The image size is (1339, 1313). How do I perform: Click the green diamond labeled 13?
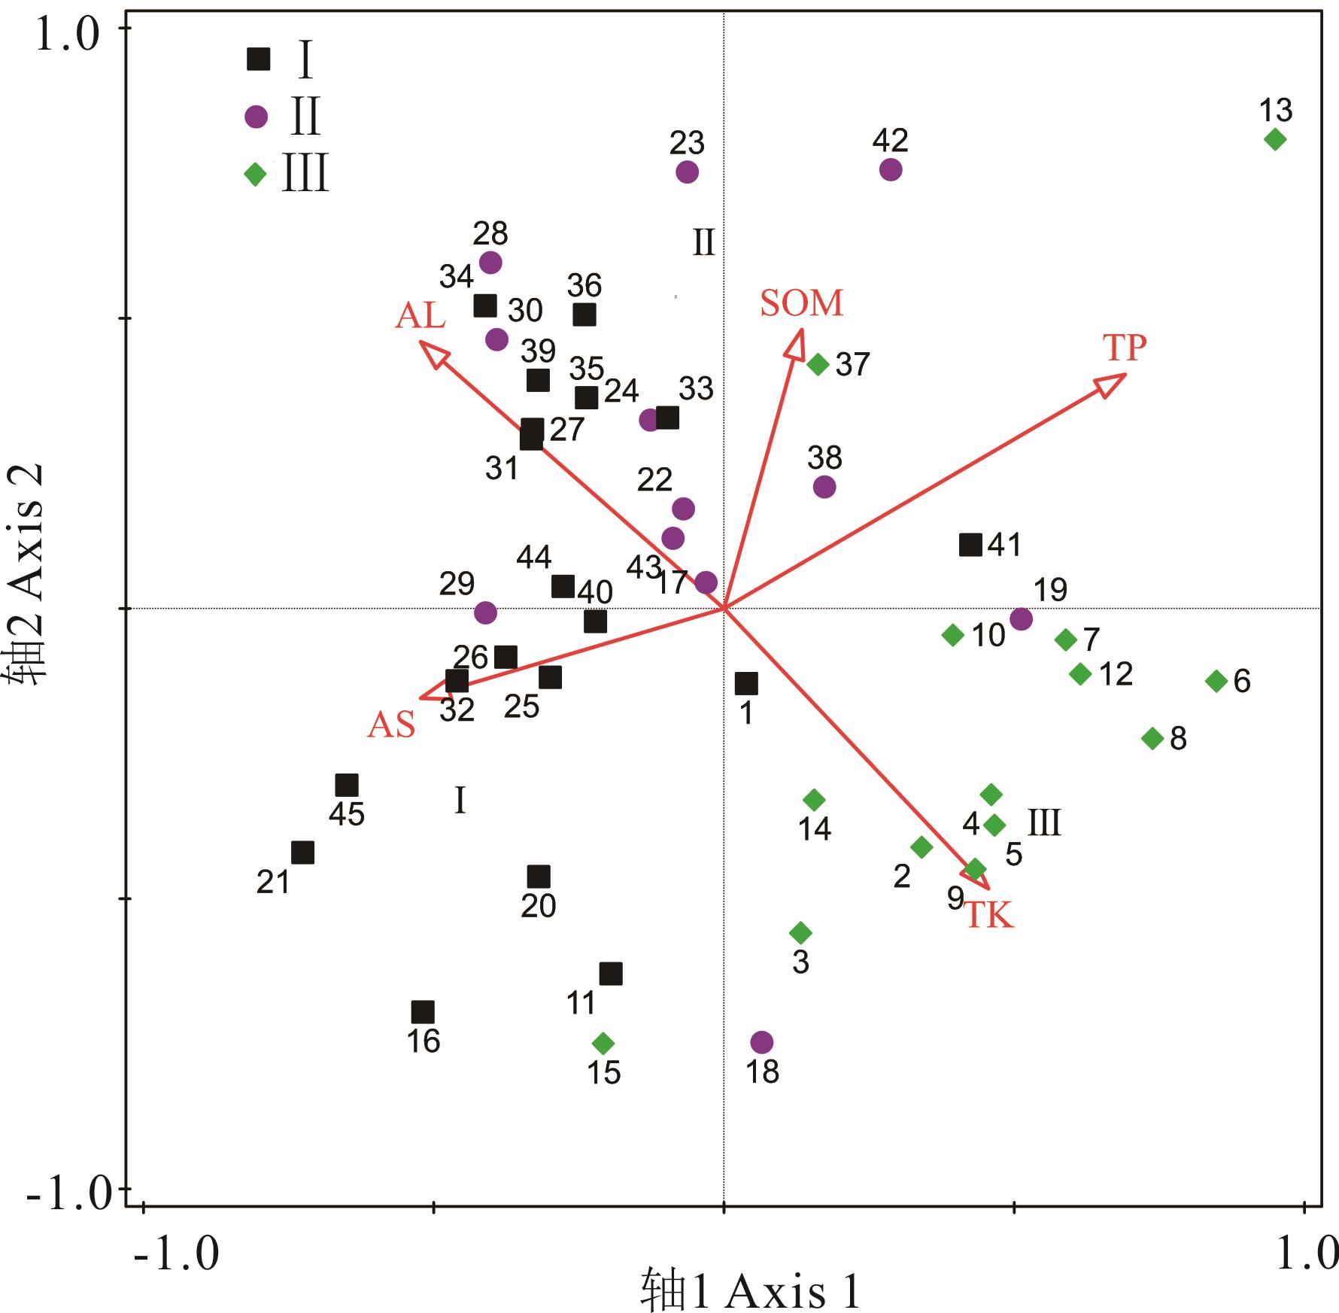pos(1275,139)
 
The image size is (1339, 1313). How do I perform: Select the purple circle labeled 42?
pos(891,170)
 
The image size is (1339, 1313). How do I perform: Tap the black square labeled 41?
pos(971,545)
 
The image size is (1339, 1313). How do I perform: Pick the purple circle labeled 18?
pos(762,1042)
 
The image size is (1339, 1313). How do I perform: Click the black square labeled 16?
pos(423,1012)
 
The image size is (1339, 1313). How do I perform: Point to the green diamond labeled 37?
pos(818,365)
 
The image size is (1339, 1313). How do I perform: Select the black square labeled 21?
pos(302,853)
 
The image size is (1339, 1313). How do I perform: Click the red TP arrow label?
pos(1125,348)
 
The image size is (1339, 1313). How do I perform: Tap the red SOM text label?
pos(801,303)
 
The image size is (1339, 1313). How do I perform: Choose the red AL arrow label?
pos(421,316)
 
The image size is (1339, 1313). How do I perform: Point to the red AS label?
pos(391,725)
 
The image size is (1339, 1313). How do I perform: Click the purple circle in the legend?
pos(257,117)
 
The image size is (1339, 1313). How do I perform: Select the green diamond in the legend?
pos(256,175)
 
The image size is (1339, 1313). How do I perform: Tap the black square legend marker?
pos(259,59)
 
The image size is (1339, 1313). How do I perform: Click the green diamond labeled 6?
pos(1216,681)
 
